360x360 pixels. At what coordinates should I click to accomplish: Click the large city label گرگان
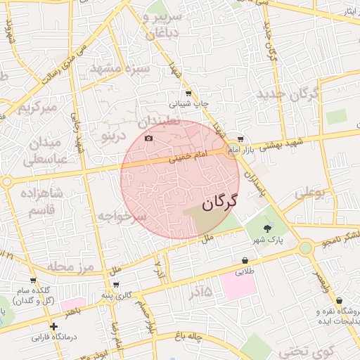219,203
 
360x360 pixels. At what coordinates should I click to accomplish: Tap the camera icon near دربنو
148,139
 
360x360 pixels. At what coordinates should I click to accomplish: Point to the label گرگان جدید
288,94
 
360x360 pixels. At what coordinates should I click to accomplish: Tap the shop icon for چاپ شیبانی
188,93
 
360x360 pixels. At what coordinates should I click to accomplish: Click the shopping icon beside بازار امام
241,139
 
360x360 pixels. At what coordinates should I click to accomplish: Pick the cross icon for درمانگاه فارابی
53,326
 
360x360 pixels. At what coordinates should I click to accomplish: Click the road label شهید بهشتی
281,145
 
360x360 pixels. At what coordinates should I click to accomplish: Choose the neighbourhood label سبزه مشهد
121,69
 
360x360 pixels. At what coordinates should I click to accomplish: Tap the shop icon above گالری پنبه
115,285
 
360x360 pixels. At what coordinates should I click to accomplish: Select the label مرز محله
67,267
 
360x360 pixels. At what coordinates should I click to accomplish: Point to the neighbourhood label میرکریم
37,108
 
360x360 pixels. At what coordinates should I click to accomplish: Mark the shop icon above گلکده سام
33,281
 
